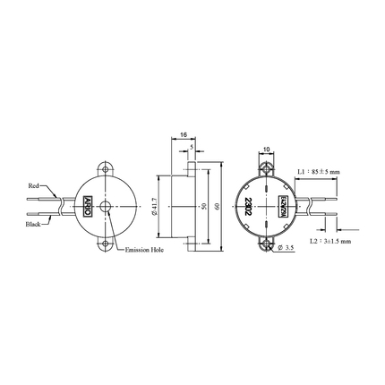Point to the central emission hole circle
107,205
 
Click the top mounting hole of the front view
107,167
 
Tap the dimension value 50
203,205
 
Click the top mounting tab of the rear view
266,166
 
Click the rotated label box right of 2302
284,205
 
